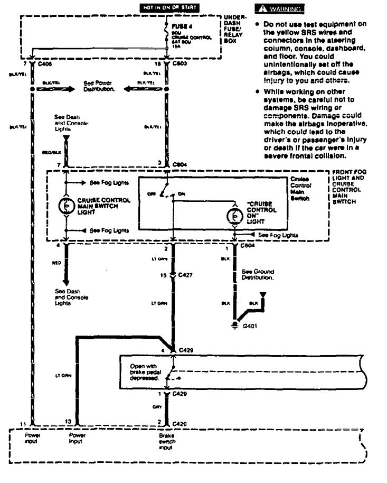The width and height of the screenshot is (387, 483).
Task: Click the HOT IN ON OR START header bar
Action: [168, 8]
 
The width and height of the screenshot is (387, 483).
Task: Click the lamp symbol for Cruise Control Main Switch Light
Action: [67, 206]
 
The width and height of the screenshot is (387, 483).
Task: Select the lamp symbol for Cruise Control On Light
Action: [233, 216]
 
